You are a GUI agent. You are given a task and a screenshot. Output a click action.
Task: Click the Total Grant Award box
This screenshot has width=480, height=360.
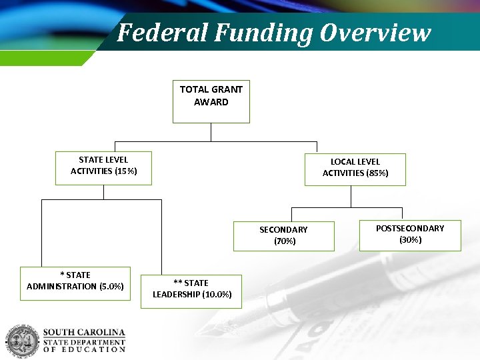coord(211,102)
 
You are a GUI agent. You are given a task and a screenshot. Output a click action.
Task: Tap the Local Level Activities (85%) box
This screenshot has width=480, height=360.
coord(355,169)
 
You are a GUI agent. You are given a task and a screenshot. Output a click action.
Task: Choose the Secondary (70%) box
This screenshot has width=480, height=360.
coord(283,236)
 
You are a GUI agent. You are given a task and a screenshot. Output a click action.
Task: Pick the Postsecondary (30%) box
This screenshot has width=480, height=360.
coord(409,235)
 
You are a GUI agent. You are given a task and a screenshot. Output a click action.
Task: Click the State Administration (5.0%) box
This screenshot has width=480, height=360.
coord(75,283)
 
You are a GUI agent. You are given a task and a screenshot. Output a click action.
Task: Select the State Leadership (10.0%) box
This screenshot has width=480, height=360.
coord(191,291)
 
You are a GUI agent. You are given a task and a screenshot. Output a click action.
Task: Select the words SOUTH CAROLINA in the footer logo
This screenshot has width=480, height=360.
coord(84,332)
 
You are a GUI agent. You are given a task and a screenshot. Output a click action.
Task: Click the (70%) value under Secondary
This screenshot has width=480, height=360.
coord(285,241)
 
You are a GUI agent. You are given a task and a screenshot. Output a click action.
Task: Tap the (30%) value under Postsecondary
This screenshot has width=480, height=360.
coord(410,239)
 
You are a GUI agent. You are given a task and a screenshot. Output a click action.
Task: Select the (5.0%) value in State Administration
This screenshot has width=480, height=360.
coord(111,287)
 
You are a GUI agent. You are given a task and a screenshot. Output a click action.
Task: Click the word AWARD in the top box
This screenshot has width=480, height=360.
coord(211,102)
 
